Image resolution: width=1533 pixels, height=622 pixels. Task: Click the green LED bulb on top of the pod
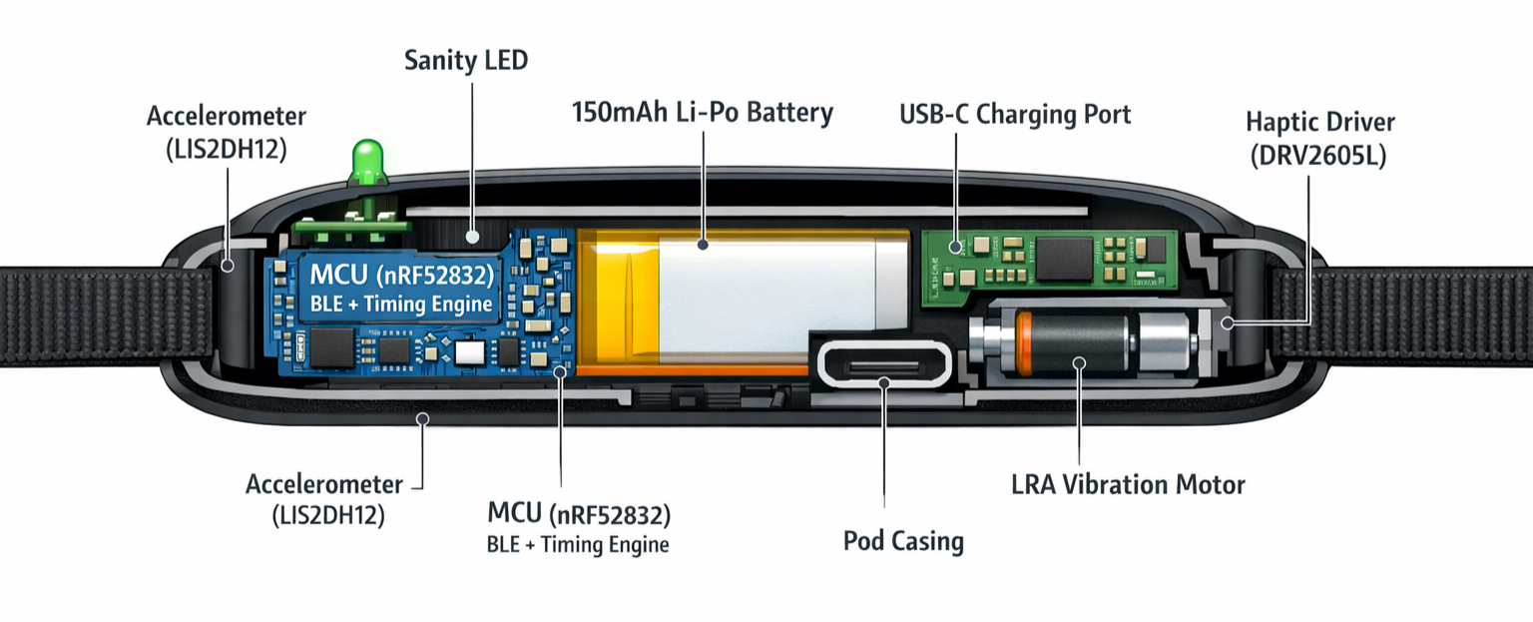(x=368, y=161)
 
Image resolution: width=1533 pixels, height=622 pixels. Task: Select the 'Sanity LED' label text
(x=465, y=60)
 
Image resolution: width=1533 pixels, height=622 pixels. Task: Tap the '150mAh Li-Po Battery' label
(x=702, y=112)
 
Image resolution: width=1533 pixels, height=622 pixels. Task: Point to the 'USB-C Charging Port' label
(x=1015, y=114)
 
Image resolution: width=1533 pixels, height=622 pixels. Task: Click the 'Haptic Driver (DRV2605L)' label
(x=1319, y=139)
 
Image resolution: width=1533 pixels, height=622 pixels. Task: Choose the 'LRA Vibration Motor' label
(x=1128, y=485)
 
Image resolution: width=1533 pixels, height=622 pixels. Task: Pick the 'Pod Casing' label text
(x=903, y=541)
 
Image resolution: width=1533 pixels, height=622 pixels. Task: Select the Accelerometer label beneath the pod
(x=324, y=499)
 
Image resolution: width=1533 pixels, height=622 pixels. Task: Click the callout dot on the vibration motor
(x=1077, y=363)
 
